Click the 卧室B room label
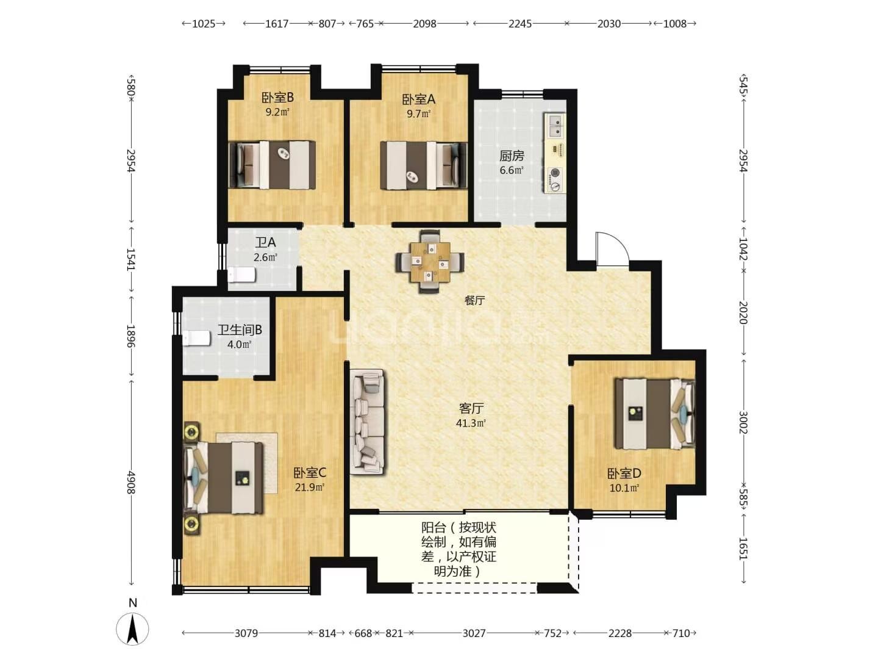point(277,97)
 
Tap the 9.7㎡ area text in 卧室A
point(418,113)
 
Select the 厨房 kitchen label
point(512,155)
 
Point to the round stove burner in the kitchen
point(555,173)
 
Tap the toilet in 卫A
point(241,275)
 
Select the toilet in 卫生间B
point(196,337)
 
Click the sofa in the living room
point(367,422)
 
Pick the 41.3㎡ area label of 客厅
point(471,423)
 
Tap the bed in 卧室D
point(655,414)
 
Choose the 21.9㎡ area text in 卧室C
point(309,488)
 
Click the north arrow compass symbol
point(132,628)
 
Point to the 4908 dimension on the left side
point(131,483)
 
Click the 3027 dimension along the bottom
point(474,633)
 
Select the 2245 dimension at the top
point(520,24)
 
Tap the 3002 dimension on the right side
point(743,422)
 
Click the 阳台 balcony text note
point(459,549)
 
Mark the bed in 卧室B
point(272,165)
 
